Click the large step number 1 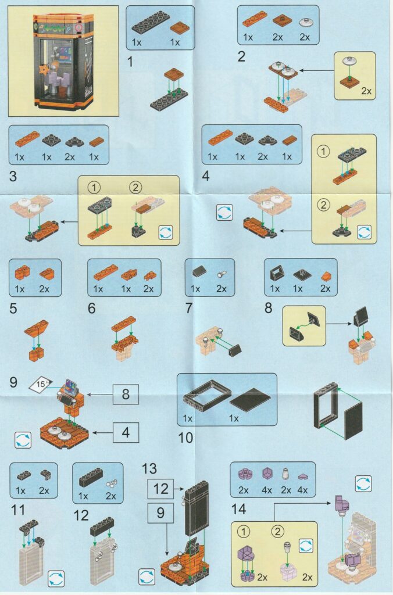(x=131, y=61)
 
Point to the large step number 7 (x=189, y=308)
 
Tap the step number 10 (x=185, y=438)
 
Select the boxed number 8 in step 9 (x=126, y=394)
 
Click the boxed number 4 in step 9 (x=126, y=432)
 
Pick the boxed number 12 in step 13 (x=160, y=488)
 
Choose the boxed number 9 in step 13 (x=160, y=512)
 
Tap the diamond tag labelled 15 (x=41, y=385)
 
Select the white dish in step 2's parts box (x=305, y=23)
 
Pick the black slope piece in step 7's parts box (x=199, y=272)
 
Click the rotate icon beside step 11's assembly (x=56, y=579)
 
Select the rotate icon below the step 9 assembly (x=23, y=440)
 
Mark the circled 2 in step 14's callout (x=278, y=531)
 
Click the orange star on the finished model (x=45, y=70)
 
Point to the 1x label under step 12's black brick (x=83, y=496)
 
